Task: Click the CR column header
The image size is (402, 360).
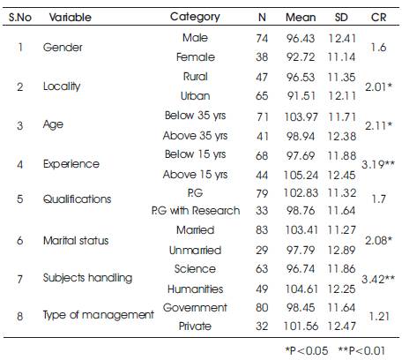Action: coord(378,18)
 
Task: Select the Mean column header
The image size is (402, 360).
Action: coord(301,18)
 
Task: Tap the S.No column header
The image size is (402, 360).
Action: coord(20,18)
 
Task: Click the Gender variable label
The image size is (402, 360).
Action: coord(63,48)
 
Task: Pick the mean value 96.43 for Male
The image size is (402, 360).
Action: coord(301,38)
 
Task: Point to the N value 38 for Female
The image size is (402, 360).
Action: coord(262,56)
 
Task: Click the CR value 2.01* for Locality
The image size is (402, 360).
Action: coord(378,86)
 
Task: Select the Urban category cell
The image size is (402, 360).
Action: coord(195,96)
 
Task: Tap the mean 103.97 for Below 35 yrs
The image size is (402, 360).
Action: coord(301,117)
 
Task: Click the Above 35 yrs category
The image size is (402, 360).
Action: coord(195,136)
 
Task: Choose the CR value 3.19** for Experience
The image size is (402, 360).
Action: coord(378,164)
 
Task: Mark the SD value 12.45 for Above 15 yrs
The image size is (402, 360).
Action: coord(341,176)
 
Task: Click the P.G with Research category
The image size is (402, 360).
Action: coord(196,211)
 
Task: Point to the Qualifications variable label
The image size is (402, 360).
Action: coord(77,199)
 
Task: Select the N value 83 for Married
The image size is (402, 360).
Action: coord(262,229)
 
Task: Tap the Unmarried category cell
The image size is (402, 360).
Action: coord(195,250)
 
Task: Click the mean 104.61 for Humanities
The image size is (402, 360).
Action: coord(301,289)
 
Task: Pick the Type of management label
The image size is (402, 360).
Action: coord(99,315)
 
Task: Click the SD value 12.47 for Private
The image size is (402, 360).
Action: coord(341,326)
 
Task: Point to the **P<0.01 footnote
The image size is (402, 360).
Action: coord(361,350)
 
